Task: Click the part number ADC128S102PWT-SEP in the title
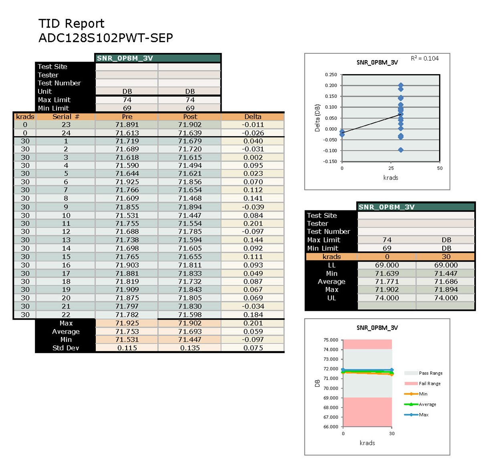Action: [106, 38]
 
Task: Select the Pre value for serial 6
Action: [127, 182]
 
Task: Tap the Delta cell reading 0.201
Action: [253, 224]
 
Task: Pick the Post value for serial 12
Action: [190, 232]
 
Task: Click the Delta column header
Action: [253, 117]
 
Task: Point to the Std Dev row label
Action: [66, 348]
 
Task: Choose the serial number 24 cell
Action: [66, 133]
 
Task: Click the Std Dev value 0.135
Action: [190, 348]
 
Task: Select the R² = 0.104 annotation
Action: [425, 59]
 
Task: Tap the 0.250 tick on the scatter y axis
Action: [331, 75]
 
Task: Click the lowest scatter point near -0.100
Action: [401, 150]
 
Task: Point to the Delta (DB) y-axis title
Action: [317, 118]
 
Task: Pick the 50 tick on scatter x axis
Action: [440, 168]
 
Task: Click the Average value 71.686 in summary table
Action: [446, 282]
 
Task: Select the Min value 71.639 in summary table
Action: [387, 273]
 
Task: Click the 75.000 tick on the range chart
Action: [331, 340]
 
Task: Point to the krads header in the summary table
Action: [331, 257]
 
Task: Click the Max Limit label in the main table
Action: [54, 100]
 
